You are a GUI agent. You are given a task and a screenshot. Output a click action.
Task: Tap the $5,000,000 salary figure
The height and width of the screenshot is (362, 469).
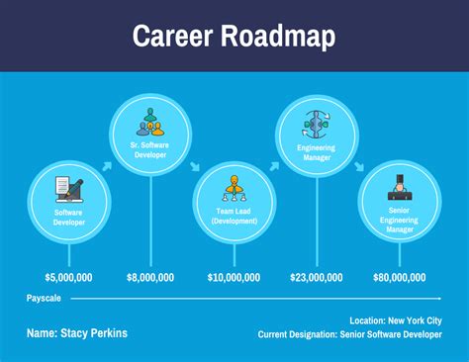tap(69, 278)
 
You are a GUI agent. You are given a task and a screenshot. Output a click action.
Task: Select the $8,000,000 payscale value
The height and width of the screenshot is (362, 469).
tap(150, 278)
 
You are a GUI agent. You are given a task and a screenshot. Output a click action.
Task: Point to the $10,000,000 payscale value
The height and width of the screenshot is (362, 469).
tap(234, 278)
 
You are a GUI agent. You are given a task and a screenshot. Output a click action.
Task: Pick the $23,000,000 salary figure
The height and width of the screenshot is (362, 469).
tap(317, 278)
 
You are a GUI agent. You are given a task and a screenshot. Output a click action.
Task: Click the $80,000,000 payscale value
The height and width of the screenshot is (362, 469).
tap(399, 278)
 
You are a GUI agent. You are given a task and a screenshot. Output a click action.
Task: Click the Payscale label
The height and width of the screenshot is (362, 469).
tap(45, 298)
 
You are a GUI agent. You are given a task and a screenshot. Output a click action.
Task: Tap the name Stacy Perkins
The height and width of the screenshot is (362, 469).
tap(77, 333)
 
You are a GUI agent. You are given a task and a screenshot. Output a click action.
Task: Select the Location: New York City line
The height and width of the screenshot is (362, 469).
tap(396, 320)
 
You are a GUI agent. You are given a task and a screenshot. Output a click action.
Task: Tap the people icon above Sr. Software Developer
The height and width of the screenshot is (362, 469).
tap(151, 124)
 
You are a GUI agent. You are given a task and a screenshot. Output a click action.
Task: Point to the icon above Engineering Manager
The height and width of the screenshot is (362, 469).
tap(317, 122)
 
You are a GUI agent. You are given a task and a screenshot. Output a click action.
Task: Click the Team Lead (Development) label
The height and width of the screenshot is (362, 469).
tap(234, 217)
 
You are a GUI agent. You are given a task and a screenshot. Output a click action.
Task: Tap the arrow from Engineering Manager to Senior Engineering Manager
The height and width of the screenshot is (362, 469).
tap(357, 166)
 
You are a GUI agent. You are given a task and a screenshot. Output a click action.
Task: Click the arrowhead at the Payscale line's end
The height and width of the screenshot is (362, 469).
tap(437, 298)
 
